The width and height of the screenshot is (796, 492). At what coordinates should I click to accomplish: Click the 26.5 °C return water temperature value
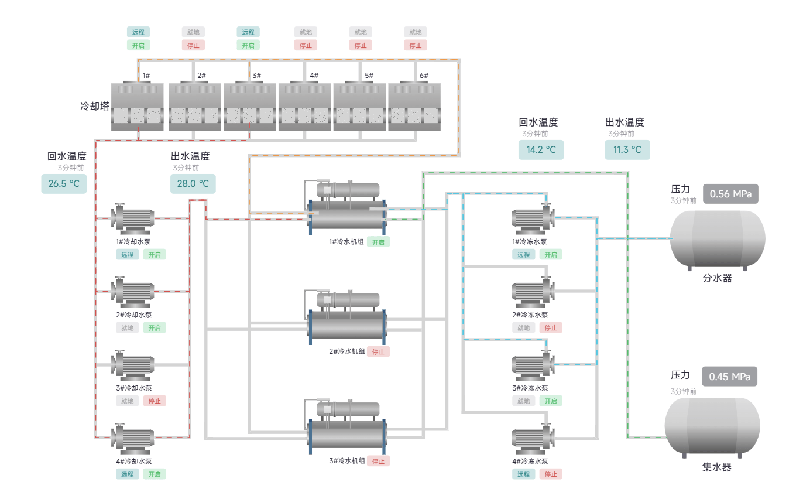64,183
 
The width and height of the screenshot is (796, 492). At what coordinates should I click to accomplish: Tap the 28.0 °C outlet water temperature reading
193,183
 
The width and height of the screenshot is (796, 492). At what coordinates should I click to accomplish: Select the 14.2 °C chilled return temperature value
541,149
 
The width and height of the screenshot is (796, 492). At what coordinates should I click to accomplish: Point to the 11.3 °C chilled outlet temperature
627,149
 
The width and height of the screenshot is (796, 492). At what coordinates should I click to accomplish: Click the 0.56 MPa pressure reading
730,194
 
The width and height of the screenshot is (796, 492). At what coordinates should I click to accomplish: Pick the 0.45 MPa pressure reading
729,377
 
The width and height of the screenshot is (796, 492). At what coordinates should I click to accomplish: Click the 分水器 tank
718,239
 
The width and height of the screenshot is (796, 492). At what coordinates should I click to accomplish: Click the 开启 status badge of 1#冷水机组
378,242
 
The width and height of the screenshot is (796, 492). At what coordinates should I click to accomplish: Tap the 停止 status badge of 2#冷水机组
378,351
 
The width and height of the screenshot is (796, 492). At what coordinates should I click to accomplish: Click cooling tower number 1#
138,106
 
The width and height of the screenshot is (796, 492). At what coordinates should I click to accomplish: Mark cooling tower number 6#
414,106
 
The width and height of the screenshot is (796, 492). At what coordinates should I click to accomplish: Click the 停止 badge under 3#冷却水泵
155,401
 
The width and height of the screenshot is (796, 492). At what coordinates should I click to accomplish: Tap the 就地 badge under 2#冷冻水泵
523,328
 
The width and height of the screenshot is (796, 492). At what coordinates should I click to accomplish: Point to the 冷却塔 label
95,107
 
